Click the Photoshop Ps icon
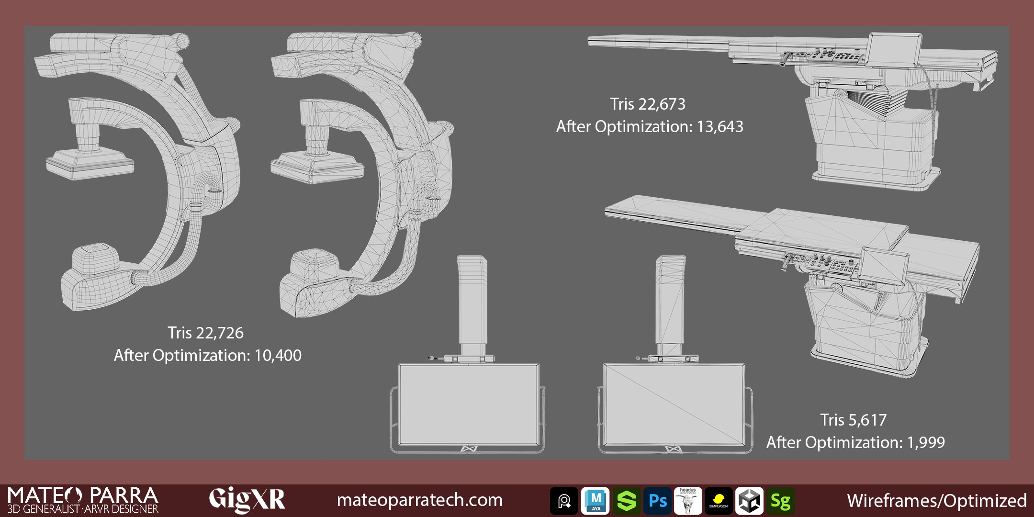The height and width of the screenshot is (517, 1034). coord(657,501)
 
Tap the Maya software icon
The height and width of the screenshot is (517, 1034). coord(596,501)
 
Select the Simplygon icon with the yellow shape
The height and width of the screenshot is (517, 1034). coord(719,501)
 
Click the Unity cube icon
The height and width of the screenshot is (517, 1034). coord(749,501)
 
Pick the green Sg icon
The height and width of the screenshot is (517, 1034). coord(780,501)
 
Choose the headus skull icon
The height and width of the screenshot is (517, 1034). coord(688,501)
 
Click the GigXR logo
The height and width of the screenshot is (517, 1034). coord(247,499)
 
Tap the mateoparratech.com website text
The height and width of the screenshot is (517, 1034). coord(420,500)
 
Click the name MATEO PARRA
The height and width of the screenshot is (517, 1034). coord(83,495)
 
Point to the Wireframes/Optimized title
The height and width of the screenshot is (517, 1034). coord(937,501)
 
